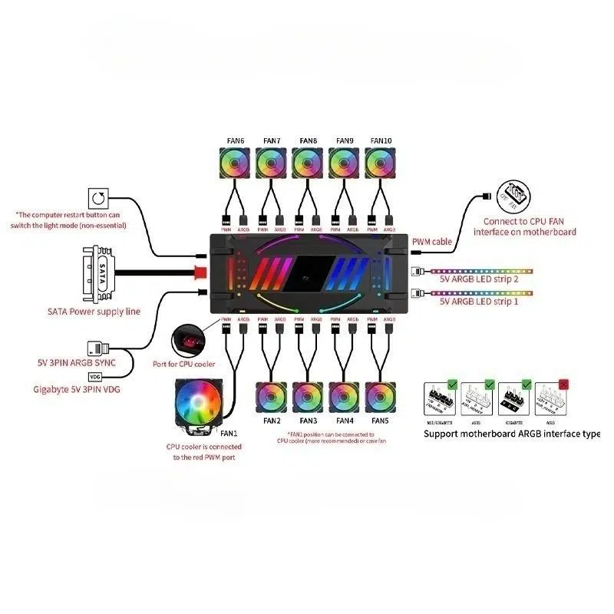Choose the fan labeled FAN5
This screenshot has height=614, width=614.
click(381, 398)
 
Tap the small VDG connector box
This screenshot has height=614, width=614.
click(95, 377)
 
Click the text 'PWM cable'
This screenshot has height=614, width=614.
click(431, 241)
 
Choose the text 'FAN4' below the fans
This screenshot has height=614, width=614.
click(345, 421)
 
